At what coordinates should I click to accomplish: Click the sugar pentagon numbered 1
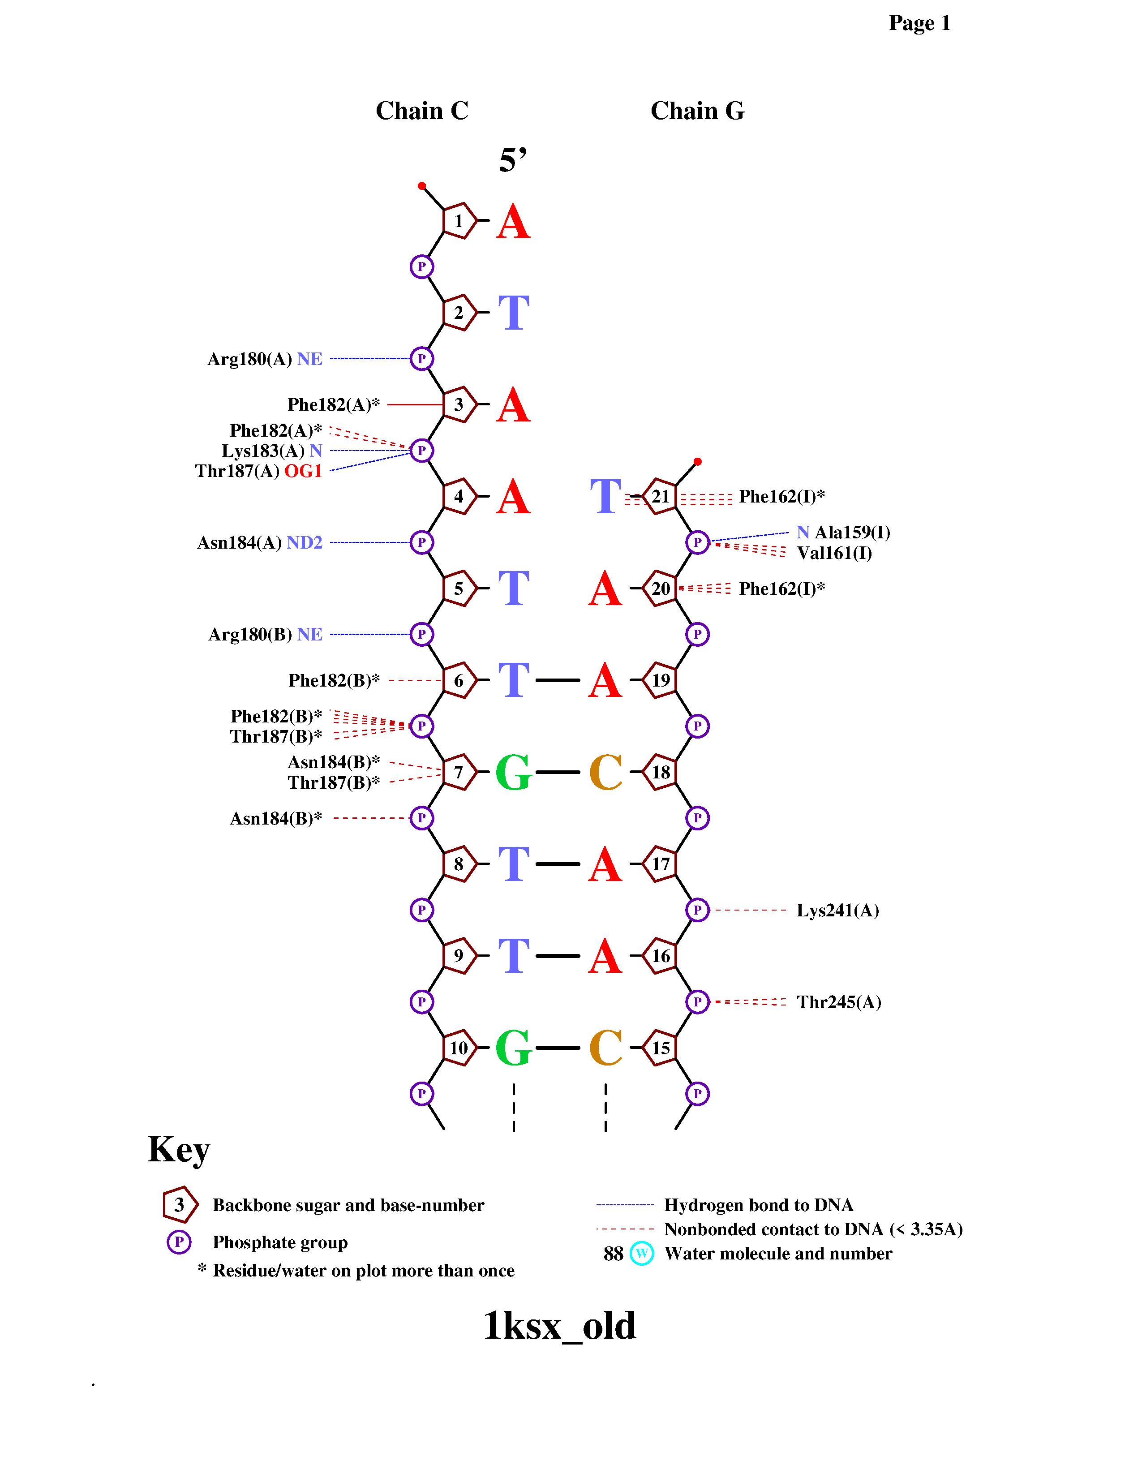click(459, 221)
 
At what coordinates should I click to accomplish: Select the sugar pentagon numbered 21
click(660, 497)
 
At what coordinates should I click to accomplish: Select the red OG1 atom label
click(303, 471)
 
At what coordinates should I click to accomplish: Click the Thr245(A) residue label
click(839, 1002)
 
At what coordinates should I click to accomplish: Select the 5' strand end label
click(513, 160)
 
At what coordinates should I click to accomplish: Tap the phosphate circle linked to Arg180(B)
click(421, 635)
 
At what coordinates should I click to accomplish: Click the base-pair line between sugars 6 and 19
click(558, 680)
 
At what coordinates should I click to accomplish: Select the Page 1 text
click(919, 23)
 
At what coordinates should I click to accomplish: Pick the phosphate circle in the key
click(179, 1242)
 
